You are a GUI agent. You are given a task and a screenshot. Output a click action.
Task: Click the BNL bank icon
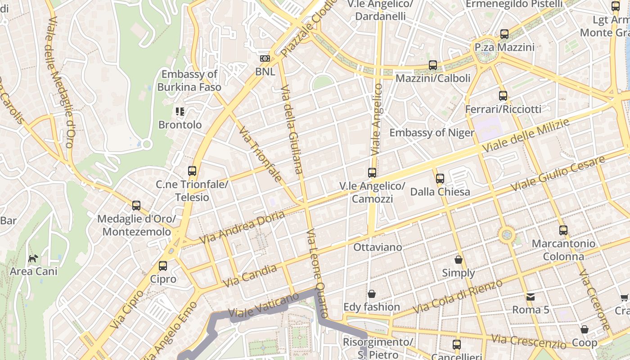click(x=265, y=58)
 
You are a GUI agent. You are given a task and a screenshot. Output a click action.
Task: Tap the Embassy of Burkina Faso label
click(x=189, y=81)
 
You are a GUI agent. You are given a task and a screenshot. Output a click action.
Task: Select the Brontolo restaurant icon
click(x=180, y=111)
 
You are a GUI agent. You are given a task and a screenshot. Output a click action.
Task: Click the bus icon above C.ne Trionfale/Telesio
click(x=192, y=171)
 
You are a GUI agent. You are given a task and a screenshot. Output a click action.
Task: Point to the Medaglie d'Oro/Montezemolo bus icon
click(x=136, y=206)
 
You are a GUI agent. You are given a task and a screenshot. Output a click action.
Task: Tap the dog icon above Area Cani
click(x=33, y=258)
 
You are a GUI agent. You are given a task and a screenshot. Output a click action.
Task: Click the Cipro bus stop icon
click(x=163, y=266)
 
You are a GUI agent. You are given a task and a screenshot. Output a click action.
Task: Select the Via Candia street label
click(x=250, y=276)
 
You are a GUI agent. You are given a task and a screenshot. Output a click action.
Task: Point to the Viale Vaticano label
click(x=263, y=305)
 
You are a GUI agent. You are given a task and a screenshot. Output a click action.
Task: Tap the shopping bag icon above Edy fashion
click(x=372, y=294)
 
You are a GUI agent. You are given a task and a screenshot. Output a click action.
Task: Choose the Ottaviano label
click(x=378, y=247)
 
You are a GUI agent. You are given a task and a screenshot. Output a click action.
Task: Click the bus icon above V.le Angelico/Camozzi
click(x=372, y=173)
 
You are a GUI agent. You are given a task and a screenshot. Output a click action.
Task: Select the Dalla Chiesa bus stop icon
click(x=440, y=179)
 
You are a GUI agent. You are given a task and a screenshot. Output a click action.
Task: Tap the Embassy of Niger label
click(x=432, y=132)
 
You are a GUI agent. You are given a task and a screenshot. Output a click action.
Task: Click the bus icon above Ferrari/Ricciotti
click(x=503, y=96)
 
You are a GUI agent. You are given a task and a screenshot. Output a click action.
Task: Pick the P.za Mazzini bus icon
click(x=504, y=34)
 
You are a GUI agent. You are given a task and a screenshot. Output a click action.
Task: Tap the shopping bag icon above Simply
click(x=459, y=260)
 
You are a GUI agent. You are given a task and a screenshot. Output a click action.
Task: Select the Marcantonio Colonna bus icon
click(x=563, y=230)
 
